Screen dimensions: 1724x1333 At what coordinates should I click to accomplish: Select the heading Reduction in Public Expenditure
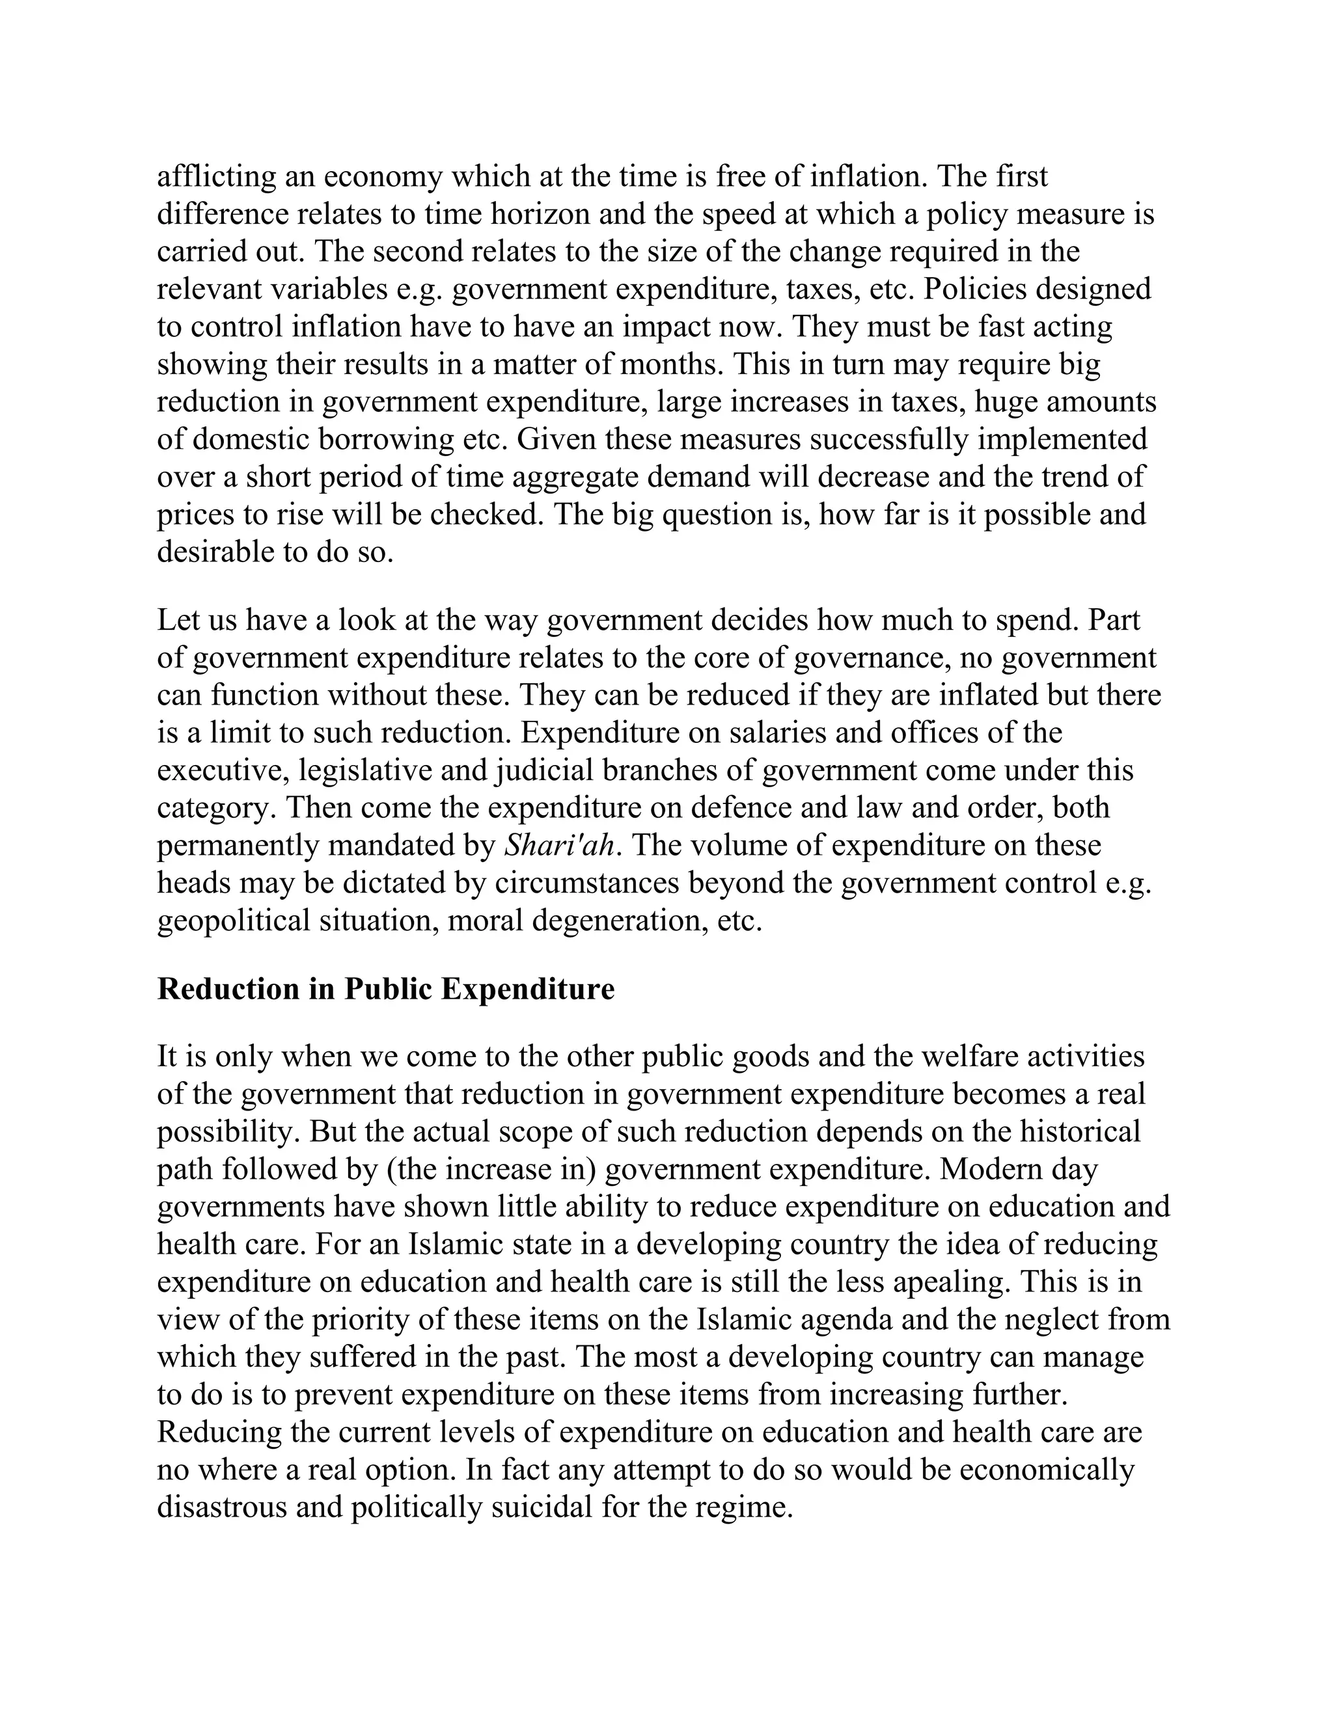(385, 988)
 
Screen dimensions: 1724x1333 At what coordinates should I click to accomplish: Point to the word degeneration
(619, 921)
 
